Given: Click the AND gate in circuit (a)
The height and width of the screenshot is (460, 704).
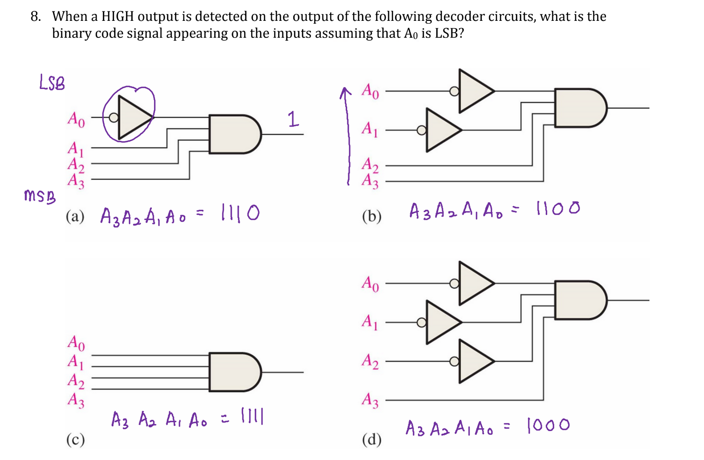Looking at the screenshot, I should (235, 134).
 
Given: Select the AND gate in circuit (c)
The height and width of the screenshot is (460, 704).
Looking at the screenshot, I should (235, 372).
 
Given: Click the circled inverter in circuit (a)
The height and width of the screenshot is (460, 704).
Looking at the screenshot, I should (133, 117).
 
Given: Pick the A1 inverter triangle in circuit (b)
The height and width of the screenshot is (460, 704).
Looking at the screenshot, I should (441, 130).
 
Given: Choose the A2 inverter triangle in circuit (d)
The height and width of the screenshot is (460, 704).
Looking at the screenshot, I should (474, 361).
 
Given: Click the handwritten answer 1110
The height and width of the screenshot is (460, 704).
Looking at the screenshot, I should (240, 213).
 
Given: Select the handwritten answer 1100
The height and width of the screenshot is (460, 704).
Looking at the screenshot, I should (558, 208).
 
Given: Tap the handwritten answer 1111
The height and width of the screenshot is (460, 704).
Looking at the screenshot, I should (252, 417).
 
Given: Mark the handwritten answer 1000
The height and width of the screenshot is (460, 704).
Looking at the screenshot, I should (548, 425).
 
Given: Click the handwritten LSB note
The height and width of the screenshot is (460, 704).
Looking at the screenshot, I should (52, 83).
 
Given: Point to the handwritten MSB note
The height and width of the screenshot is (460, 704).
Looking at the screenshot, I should (39, 196).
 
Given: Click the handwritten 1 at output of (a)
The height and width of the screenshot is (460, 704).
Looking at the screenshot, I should (293, 118).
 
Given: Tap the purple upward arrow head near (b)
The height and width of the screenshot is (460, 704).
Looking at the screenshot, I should (345, 91).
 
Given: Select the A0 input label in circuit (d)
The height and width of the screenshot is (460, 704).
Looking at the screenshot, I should (370, 284).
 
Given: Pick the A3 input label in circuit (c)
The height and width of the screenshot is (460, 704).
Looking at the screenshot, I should (76, 400).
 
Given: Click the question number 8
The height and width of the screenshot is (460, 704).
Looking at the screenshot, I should (35, 17).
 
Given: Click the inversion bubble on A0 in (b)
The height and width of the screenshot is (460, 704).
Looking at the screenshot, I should (454, 91).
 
